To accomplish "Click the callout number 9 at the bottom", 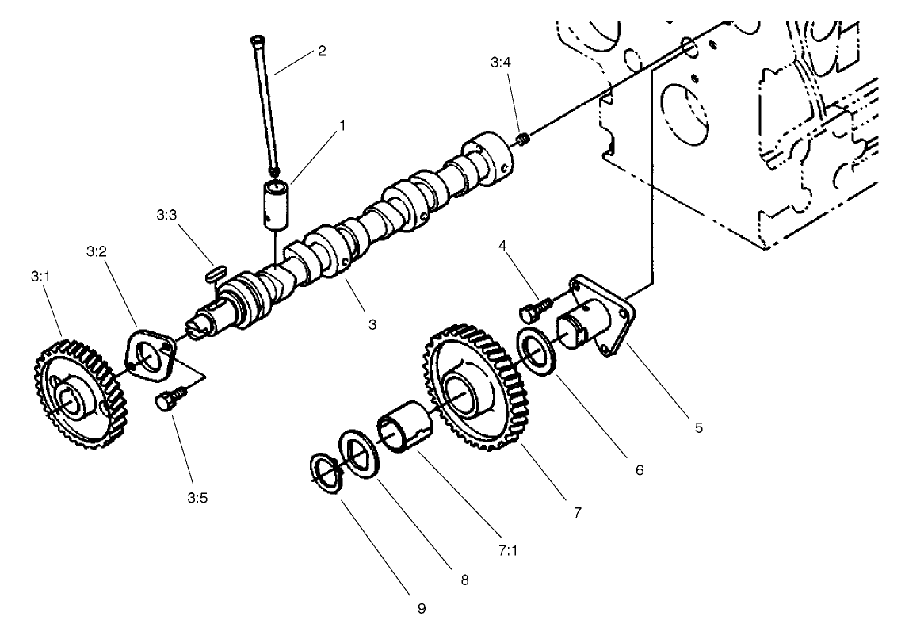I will click(422, 607).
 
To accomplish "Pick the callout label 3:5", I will click(197, 499).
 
